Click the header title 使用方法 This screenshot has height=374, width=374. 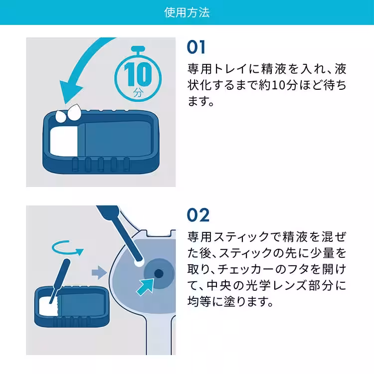click(x=187, y=12)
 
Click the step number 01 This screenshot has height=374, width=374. click(x=196, y=47)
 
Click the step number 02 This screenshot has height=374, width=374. click(x=198, y=215)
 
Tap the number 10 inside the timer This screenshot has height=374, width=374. click(x=137, y=75)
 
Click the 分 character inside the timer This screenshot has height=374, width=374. click(x=138, y=93)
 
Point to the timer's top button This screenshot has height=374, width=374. click(x=138, y=48)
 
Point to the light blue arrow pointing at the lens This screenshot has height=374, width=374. click(x=147, y=287)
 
